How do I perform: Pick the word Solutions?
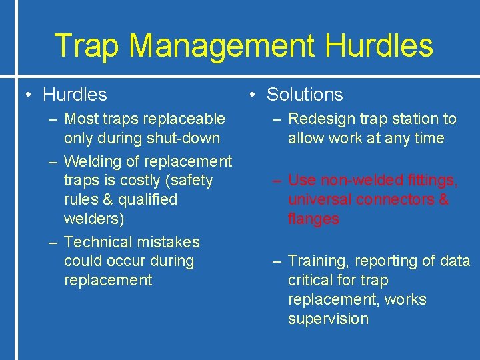click(305, 95)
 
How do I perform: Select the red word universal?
click(317, 199)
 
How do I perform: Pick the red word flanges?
click(313, 219)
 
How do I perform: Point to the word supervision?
click(328, 319)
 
